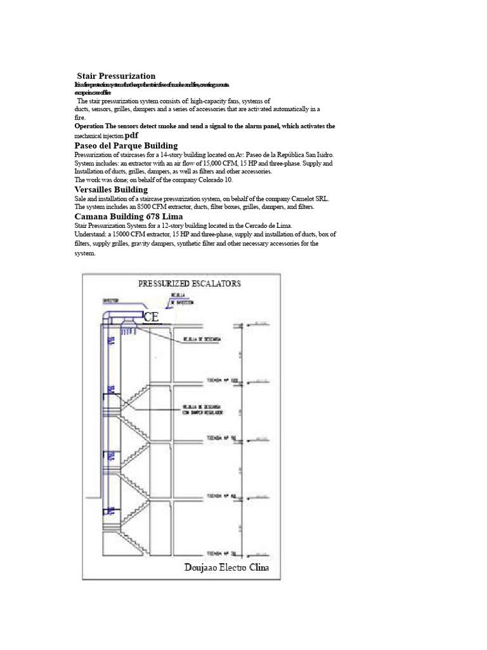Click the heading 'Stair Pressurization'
pos(116,76)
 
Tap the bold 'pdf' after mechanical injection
pos(131,136)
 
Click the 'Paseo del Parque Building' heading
pos(126,145)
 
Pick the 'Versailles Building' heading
pos(111,189)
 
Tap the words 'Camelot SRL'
pos(311,199)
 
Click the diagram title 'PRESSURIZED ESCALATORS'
pos(190,284)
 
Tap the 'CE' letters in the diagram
pos(151,317)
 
